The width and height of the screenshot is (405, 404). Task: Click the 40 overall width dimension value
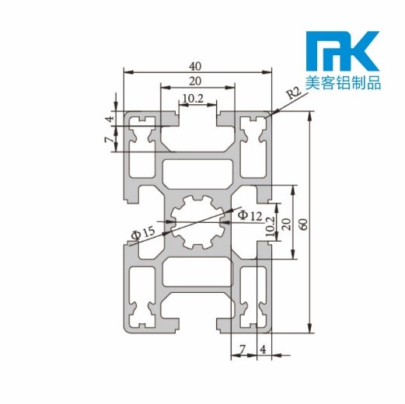point(197,66)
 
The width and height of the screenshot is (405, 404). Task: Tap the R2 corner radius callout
point(293,94)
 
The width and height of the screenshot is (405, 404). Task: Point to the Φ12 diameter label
point(250,214)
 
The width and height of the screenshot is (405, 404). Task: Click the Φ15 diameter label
point(143,231)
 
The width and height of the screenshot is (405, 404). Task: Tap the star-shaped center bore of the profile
point(197,222)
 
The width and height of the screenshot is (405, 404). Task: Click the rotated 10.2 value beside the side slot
point(269,226)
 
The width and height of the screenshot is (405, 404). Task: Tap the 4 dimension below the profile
point(263,349)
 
